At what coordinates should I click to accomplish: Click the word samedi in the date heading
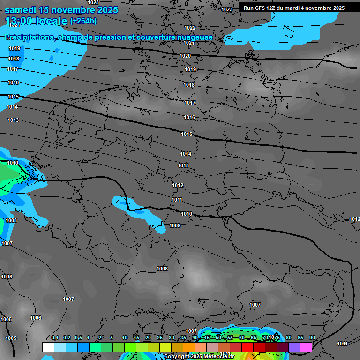pyautogui.click(x=20, y=10)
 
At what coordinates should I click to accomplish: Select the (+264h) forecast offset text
pyautogui.click(x=83, y=21)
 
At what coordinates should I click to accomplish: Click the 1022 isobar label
pyautogui.click(x=190, y=28)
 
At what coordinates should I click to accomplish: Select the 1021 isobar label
pyautogui.click(x=189, y=43)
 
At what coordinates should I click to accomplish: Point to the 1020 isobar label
pyautogui.click(x=185, y=56)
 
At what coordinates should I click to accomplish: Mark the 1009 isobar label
pyautogui.click(x=175, y=225)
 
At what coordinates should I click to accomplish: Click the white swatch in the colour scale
pyautogui.click(x=48, y=347)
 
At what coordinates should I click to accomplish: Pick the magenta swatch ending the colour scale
pyautogui.click(x=306, y=347)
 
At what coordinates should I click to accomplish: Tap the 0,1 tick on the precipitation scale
pyautogui.click(x=54, y=338)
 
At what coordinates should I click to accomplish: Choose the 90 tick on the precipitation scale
pyautogui.click(x=312, y=338)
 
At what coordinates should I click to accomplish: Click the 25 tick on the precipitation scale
pyautogui.click(x=160, y=338)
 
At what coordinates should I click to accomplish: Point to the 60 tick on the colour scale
pyautogui.click(x=242, y=338)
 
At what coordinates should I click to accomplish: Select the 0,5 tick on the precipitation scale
pyautogui.click(x=78, y=338)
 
